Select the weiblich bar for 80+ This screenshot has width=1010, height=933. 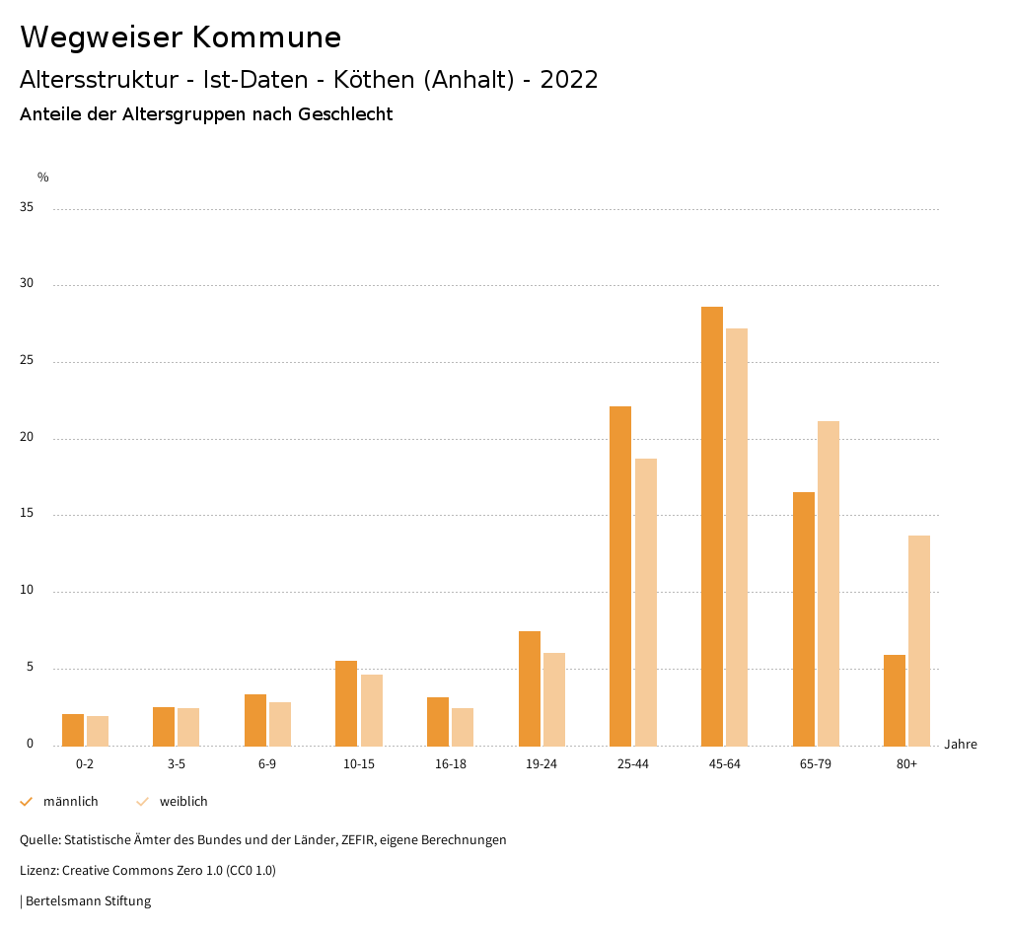[919, 640]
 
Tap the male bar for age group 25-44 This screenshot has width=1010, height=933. [620, 576]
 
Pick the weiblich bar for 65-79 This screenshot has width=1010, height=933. [829, 583]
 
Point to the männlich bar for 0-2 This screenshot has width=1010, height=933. [73, 730]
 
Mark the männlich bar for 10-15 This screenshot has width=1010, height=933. [346, 703]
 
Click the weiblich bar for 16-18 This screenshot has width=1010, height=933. [463, 727]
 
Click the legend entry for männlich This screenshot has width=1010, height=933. [70, 802]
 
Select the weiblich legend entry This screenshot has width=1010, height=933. [183, 802]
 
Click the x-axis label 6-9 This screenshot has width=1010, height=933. [267, 764]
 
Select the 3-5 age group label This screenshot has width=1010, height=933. [177, 764]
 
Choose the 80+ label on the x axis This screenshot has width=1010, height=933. [906, 764]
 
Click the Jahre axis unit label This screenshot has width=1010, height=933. [961, 745]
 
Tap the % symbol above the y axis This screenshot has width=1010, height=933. [43, 178]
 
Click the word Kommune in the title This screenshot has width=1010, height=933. [266, 37]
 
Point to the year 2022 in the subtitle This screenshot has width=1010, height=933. [569, 80]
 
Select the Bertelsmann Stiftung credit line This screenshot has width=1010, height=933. [88, 900]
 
